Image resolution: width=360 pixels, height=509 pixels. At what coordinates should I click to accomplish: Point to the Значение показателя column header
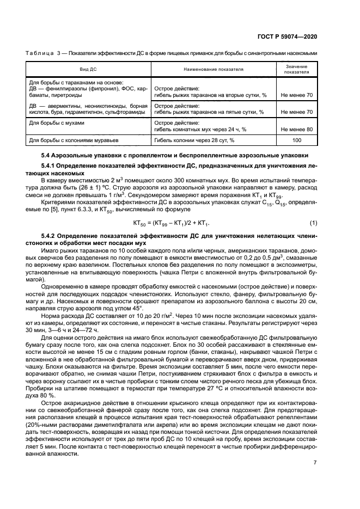[296, 69]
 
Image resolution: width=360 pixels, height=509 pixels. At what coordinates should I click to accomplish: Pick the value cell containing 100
[297, 140]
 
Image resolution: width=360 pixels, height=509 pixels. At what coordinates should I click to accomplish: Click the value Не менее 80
[297, 129]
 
